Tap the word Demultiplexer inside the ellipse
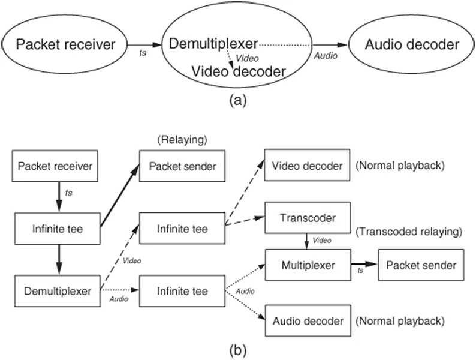pos(213,44)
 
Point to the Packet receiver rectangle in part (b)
pos(55,166)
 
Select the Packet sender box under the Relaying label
pos(182,166)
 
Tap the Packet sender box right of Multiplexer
pos(420,265)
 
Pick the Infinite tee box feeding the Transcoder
pos(182,229)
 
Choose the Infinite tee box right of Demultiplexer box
pos(182,291)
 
